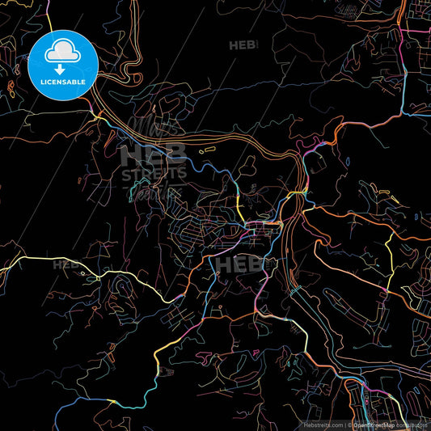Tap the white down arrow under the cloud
pos(62,58)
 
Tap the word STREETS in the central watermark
pos(154,174)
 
